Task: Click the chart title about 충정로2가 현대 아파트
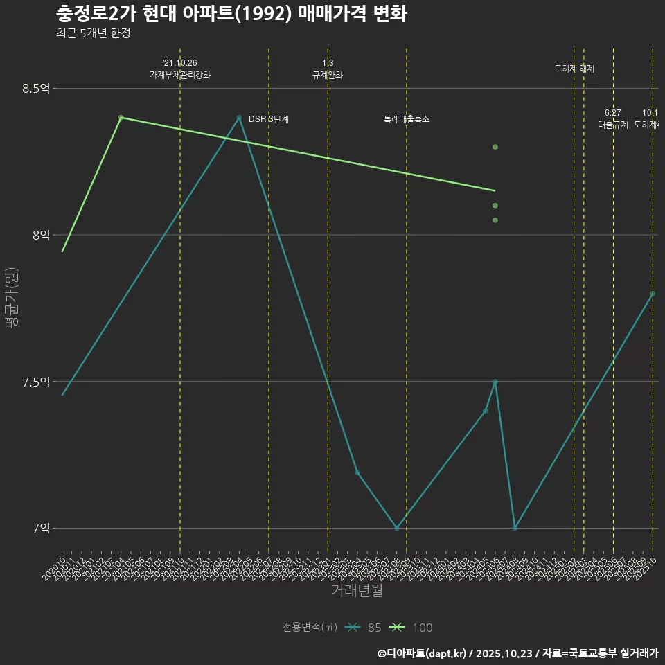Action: (x=231, y=14)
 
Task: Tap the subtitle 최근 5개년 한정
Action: (x=93, y=33)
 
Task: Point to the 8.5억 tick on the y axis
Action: (x=36, y=89)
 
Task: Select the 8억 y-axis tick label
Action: (x=41, y=236)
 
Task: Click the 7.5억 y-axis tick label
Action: (x=36, y=382)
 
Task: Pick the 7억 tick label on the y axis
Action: (x=41, y=529)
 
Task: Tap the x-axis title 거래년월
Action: (x=357, y=591)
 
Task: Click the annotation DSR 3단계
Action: (x=269, y=119)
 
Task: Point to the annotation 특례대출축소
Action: (x=407, y=119)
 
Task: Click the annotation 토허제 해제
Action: (x=574, y=69)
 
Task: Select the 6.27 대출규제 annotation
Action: (x=613, y=119)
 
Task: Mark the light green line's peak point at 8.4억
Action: (x=121, y=118)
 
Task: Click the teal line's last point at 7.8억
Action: (x=653, y=294)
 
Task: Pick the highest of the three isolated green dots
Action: (x=495, y=147)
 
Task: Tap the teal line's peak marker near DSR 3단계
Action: (x=239, y=118)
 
